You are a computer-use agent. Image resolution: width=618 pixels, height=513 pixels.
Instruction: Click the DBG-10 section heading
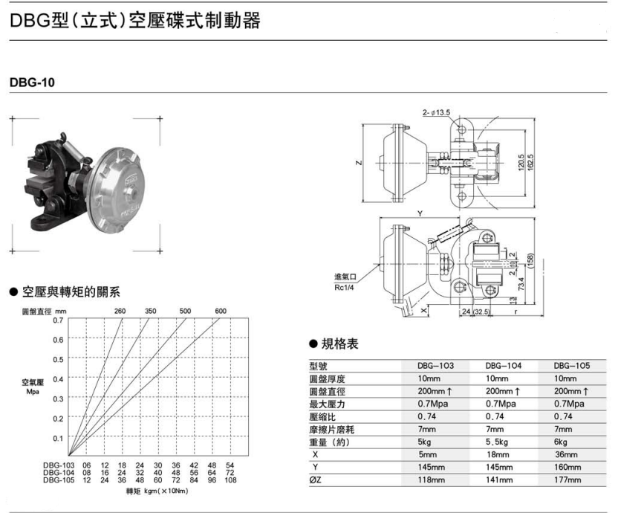pyautogui.click(x=33, y=83)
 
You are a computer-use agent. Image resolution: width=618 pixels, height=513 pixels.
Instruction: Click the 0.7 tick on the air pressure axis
pyautogui.click(x=58, y=320)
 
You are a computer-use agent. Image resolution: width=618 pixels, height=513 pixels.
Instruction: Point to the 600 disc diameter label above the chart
pyautogui.click(x=221, y=310)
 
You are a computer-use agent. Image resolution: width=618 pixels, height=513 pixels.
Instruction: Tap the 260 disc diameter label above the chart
pyautogui.click(x=120, y=310)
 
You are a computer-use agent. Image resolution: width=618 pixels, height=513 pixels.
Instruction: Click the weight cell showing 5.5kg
pyautogui.click(x=498, y=442)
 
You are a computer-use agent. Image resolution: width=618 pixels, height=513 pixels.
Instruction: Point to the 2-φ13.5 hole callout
pyautogui.click(x=438, y=112)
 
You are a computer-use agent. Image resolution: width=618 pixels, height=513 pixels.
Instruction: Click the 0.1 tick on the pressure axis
pyautogui.click(x=58, y=438)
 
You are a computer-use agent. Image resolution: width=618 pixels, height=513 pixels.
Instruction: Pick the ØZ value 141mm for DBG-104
pyautogui.click(x=498, y=480)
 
